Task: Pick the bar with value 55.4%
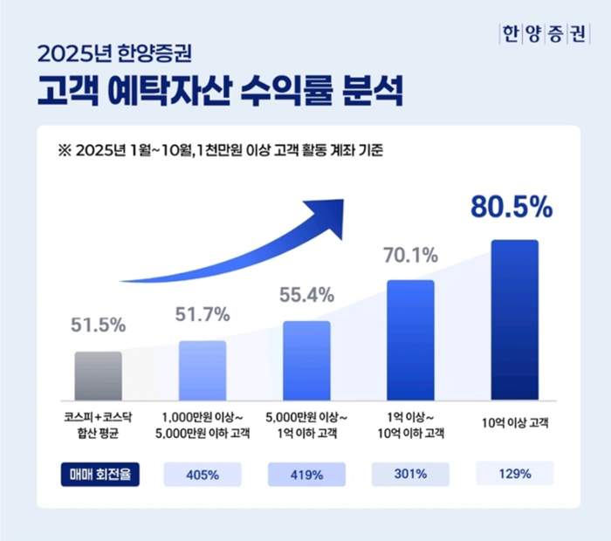tap(306, 360)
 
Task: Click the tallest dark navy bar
tap(515, 319)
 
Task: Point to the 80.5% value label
tap(511, 207)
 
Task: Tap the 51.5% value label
tap(98, 325)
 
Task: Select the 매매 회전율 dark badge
tap(98, 474)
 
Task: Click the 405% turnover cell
tap(203, 475)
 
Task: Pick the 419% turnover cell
tap(306, 475)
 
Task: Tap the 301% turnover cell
tap(410, 474)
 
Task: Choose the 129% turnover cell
tap(515, 474)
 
